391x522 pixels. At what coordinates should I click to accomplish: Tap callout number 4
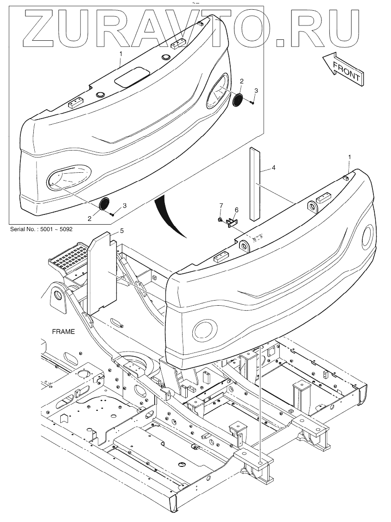point(273,167)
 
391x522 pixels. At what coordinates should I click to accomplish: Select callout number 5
point(122,230)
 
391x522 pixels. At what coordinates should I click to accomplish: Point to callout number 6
point(236,210)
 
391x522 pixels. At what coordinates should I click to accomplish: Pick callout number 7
point(221,205)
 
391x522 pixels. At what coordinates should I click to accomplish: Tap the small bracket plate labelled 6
point(231,223)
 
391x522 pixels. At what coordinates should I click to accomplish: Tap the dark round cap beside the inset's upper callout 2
point(238,100)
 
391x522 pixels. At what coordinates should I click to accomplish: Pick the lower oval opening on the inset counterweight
point(69,179)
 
